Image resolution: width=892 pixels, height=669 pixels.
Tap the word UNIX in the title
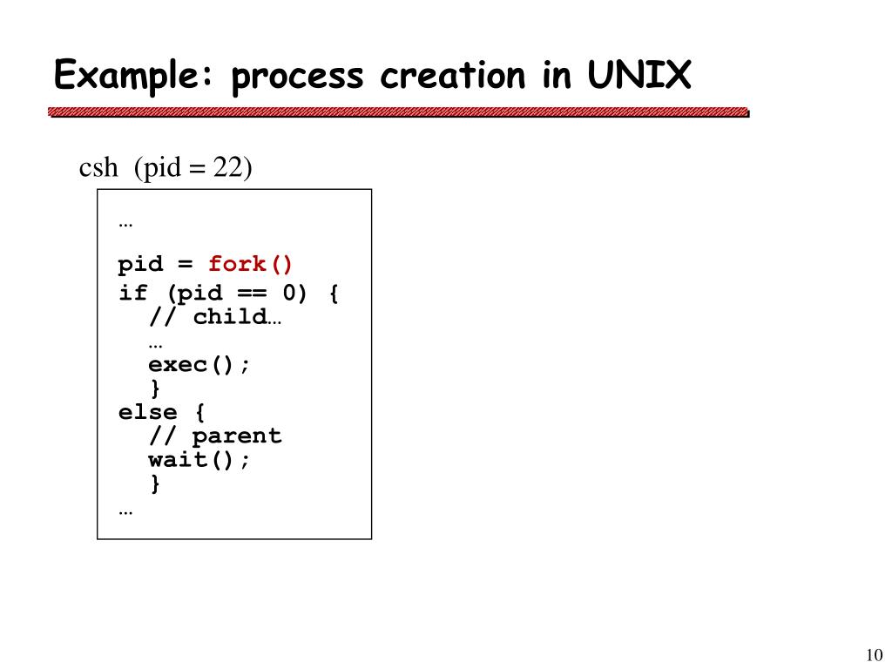click(639, 76)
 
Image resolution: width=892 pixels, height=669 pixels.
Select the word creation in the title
click(452, 76)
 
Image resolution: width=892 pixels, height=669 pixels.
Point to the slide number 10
click(875, 655)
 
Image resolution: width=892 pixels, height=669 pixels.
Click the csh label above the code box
click(98, 166)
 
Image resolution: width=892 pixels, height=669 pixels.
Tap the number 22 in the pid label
click(228, 166)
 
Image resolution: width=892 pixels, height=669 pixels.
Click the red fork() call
click(252, 264)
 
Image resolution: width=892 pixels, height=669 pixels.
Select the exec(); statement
click(199, 365)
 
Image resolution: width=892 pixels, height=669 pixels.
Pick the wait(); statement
click(199, 459)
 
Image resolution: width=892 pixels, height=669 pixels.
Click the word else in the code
click(147, 412)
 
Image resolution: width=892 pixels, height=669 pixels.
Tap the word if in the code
click(132, 294)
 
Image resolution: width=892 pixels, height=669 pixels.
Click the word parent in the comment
click(237, 436)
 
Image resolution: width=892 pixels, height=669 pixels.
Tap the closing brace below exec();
click(155, 389)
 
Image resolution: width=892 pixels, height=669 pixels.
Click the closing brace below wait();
click(155, 483)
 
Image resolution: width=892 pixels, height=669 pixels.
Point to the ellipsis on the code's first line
click(125, 223)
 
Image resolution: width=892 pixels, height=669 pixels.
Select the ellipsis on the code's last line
click(125, 510)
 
